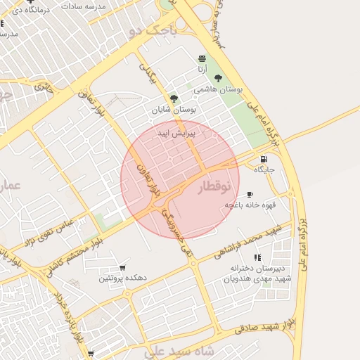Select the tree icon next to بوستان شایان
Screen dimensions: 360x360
174,98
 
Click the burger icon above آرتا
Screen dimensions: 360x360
202,58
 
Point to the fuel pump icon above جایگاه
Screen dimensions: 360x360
264,159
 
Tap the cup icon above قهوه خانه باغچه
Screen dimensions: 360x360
250,194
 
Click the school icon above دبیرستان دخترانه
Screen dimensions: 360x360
257,257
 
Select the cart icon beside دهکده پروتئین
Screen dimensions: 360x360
122,268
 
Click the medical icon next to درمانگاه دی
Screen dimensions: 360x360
30,1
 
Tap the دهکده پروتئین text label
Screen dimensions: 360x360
122,278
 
